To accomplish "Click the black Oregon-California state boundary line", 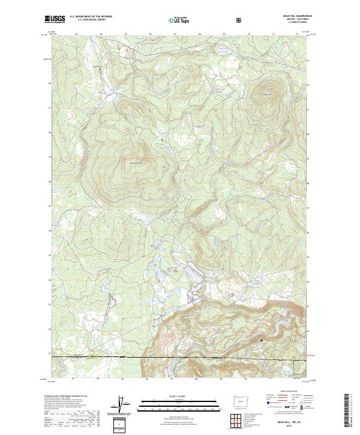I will (x=180, y=358).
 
